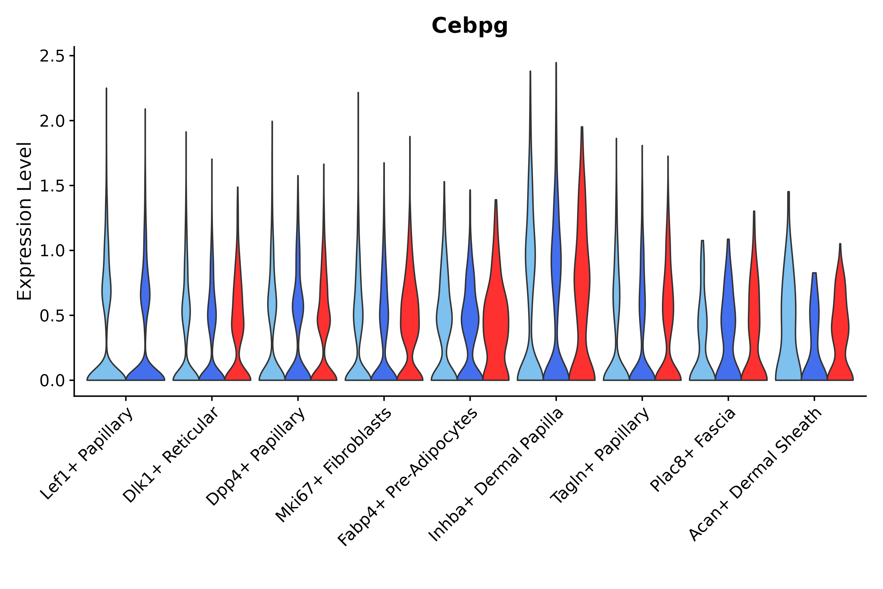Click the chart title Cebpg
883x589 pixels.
[x=469, y=26]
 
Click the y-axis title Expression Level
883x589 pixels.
[x=25, y=221]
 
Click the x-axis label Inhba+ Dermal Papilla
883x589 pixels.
[x=496, y=475]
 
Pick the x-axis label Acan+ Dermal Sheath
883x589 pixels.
[x=755, y=475]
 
